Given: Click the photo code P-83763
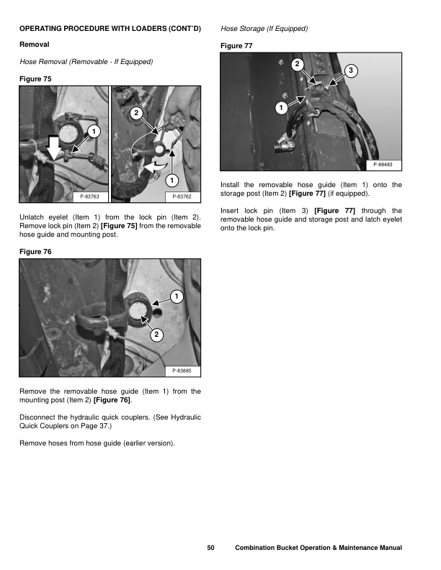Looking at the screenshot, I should click(x=89, y=195).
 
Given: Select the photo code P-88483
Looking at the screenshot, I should click(x=383, y=166).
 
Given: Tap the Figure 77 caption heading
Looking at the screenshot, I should click(x=237, y=46).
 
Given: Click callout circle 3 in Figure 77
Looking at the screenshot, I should click(x=350, y=71).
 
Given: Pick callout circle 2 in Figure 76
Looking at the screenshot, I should click(x=156, y=334).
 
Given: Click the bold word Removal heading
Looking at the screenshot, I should click(x=34, y=45).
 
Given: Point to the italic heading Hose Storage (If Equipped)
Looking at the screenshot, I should click(x=264, y=29).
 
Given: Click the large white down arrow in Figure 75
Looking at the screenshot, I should click(x=55, y=145).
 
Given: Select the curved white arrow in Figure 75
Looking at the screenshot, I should click(x=153, y=166).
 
